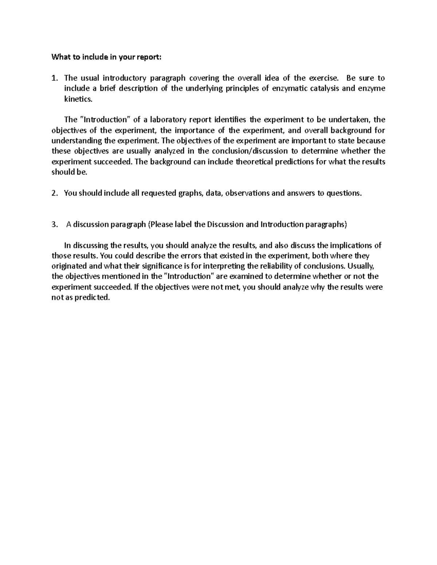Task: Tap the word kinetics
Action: tap(76, 99)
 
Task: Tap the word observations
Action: tap(248, 193)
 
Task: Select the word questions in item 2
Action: tap(344, 193)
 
